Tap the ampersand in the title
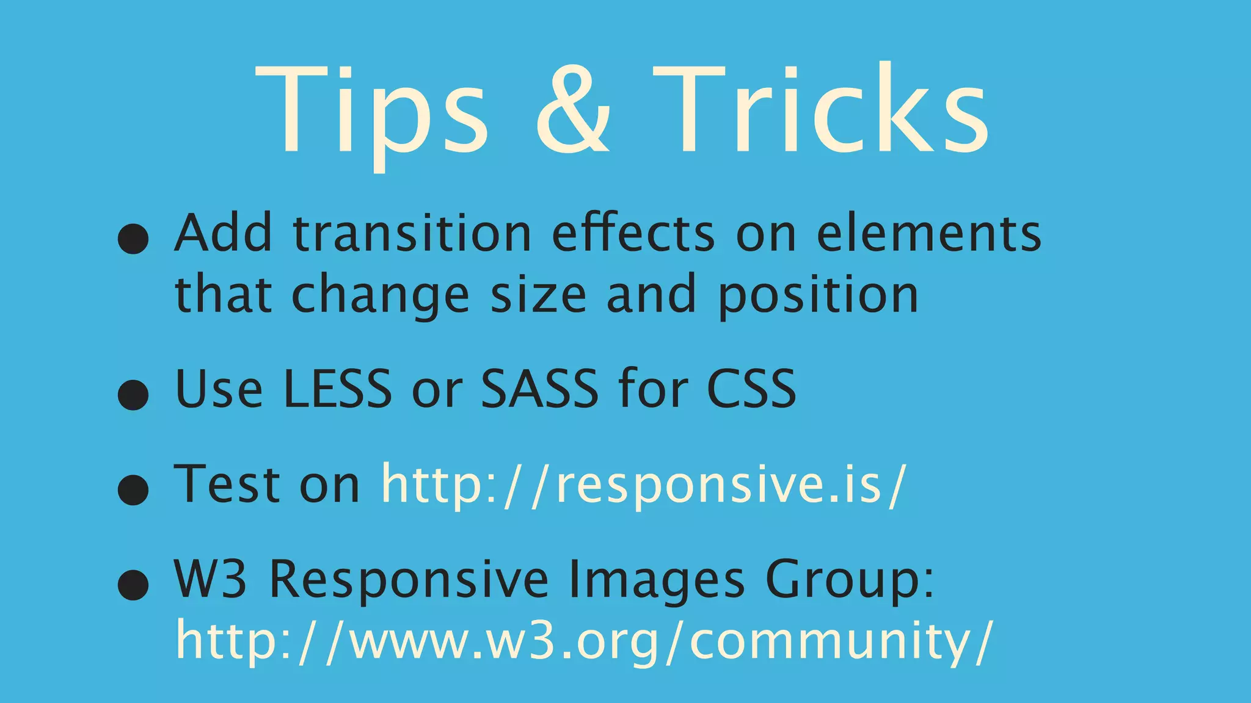(x=572, y=110)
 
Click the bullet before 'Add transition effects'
(x=133, y=237)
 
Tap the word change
(x=380, y=295)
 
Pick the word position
(x=818, y=295)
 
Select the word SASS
(x=539, y=389)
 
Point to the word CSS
(x=751, y=389)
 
